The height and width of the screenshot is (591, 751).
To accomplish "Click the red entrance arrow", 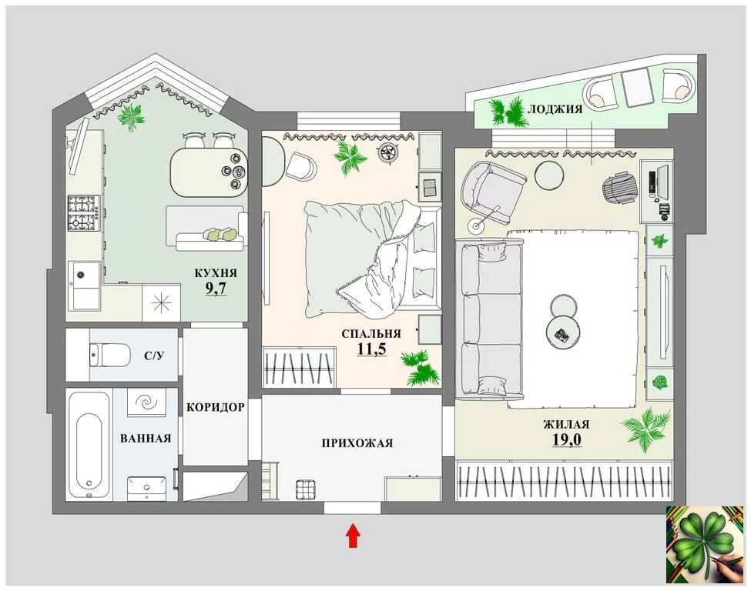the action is [x=353, y=536].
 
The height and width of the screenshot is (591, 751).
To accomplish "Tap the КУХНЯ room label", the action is [x=216, y=273].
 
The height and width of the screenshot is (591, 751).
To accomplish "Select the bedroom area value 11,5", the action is [x=372, y=349].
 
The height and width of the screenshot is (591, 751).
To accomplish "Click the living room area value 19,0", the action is [x=567, y=439].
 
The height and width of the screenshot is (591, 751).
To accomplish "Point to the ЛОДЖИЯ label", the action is [x=555, y=109].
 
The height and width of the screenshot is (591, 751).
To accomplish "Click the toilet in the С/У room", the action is [x=110, y=355].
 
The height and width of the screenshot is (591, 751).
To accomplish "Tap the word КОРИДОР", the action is [x=216, y=407].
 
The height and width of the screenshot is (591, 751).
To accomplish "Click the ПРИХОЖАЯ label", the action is [x=357, y=443].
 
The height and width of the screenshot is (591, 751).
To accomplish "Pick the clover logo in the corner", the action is [x=706, y=545].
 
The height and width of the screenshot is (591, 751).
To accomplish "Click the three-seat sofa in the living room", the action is [x=490, y=320].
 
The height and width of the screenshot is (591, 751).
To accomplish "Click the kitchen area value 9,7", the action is [x=216, y=289].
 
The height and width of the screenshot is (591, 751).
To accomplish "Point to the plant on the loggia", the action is [x=509, y=113].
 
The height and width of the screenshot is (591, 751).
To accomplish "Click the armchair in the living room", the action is [x=493, y=192].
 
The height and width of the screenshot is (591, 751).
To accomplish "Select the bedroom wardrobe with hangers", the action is [x=299, y=366].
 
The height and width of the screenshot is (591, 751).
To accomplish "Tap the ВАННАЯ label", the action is [x=146, y=439].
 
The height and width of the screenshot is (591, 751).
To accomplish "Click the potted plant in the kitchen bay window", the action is [x=130, y=117].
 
